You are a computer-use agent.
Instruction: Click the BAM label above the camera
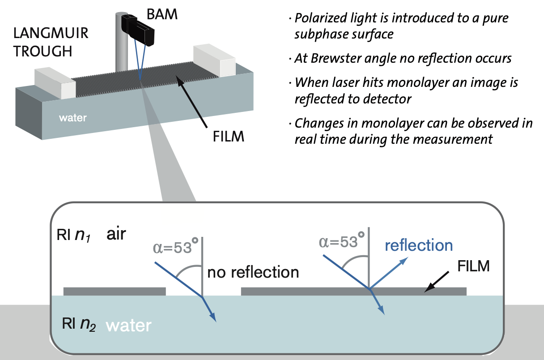(163, 14)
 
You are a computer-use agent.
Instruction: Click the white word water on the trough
(72, 119)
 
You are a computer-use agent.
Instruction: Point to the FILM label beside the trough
(228, 136)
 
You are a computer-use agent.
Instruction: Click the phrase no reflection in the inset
(253, 272)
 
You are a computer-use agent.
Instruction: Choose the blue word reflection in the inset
(419, 245)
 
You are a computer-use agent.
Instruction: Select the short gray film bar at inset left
(115, 291)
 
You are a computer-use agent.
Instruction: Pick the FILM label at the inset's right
(474, 266)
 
